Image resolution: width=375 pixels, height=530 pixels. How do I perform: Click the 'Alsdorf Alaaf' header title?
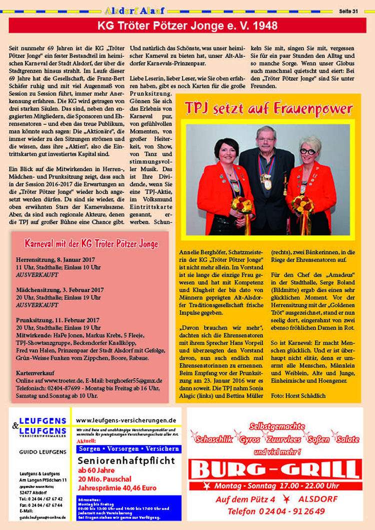pos(134,10)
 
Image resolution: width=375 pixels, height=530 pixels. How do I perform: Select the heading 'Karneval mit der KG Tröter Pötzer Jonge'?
pos(91,244)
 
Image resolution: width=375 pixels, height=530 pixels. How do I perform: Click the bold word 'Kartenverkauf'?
pos(35,373)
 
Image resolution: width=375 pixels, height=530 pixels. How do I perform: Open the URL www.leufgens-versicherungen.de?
pos(126,421)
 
